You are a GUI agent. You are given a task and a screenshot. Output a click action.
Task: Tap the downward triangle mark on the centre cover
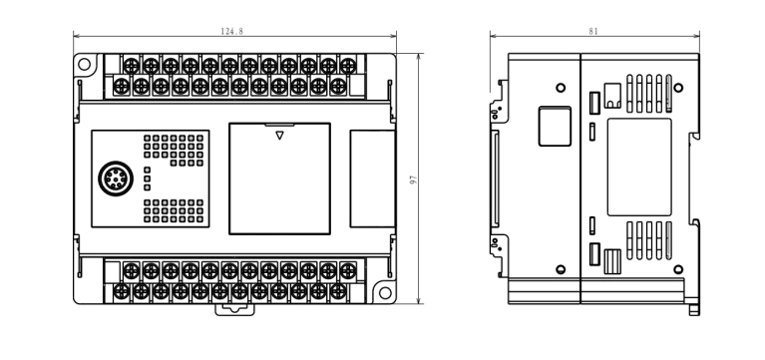[x=279, y=135]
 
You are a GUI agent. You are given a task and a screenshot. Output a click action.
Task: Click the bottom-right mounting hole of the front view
[x=381, y=293]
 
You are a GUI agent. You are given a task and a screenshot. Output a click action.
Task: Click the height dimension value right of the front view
[x=411, y=180]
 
